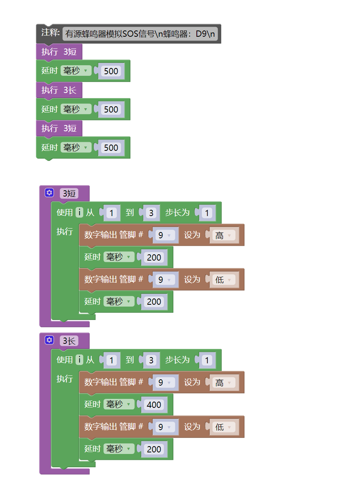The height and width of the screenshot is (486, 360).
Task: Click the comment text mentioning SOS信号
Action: pyautogui.click(x=140, y=34)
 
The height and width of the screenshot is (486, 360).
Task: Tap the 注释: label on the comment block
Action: pyautogui.click(x=50, y=33)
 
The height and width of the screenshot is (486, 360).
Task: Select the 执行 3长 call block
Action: pyautogui.click(x=59, y=90)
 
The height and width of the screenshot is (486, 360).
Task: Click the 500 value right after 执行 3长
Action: pyautogui.click(x=111, y=109)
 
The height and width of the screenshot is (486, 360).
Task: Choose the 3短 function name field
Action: pyautogui.click(x=69, y=193)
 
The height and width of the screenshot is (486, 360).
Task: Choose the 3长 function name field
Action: pyautogui.click(x=69, y=341)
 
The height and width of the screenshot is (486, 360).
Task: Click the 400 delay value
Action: pyautogui.click(x=154, y=405)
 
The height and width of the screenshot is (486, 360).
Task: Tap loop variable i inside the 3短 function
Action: pyautogui.click(x=79, y=213)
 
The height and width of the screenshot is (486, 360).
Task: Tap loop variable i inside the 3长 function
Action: pyautogui.click(x=79, y=360)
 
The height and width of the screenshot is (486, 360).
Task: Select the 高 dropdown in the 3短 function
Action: pyautogui.click(x=224, y=235)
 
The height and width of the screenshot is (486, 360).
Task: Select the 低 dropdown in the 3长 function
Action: pyautogui.click(x=224, y=427)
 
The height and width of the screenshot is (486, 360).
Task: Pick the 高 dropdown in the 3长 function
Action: pyautogui.click(x=224, y=383)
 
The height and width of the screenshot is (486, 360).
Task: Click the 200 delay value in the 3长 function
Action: pyautogui.click(x=154, y=449)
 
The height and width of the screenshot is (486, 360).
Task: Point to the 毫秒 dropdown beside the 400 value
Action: pyautogui.click(x=119, y=404)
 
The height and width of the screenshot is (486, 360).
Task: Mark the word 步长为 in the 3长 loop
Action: pyautogui.click(x=177, y=360)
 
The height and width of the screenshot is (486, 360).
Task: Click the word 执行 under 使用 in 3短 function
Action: pyautogui.click(x=64, y=231)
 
